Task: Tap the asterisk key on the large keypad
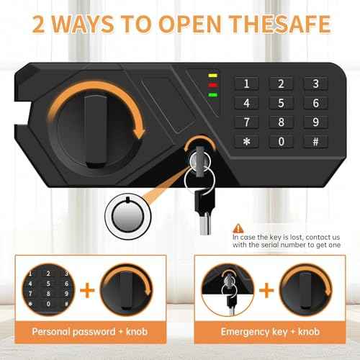[x=247, y=141]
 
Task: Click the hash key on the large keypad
[x=315, y=141]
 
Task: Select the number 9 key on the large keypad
[x=315, y=122]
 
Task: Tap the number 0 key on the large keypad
[x=281, y=141]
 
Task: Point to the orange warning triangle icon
[x=238, y=225]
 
